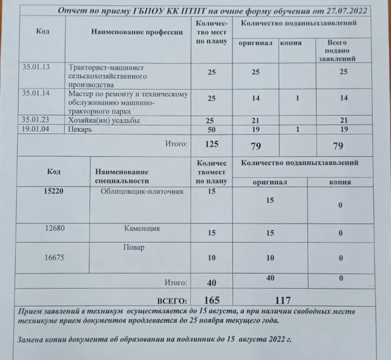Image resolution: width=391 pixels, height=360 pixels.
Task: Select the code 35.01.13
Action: (x=36, y=67)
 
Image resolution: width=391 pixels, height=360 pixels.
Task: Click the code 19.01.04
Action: (x=36, y=129)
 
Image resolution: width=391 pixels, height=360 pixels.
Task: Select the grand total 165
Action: (x=212, y=300)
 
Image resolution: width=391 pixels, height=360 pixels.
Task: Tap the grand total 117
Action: (x=283, y=300)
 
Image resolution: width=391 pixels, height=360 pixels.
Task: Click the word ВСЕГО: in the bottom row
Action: (x=172, y=301)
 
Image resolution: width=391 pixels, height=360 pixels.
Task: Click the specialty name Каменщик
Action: (x=142, y=229)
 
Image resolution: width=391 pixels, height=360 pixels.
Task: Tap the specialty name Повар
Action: (x=134, y=247)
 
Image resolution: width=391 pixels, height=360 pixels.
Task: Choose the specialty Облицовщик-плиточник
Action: (x=142, y=192)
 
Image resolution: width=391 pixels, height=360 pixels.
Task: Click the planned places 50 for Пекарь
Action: (x=212, y=130)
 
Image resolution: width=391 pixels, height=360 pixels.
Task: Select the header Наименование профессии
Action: (x=137, y=32)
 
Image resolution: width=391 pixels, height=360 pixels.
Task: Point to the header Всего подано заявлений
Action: (x=337, y=51)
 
